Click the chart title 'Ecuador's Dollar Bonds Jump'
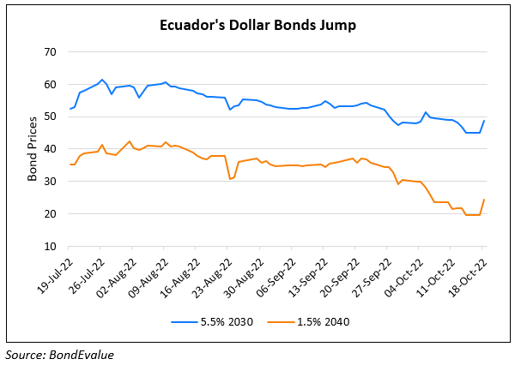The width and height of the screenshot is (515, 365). click(257, 25)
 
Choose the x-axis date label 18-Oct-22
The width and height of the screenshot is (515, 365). click(467, 272)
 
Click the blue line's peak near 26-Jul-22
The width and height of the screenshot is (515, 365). click(102, 80)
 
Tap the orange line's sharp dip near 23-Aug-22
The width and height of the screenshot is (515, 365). click(230, 178)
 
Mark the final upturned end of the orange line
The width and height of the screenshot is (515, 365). click(484, 200)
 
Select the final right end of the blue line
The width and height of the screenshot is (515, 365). click(484, 121)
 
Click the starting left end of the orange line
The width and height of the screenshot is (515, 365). click(70, 165)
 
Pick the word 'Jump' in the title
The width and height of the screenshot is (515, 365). click(337, 25)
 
